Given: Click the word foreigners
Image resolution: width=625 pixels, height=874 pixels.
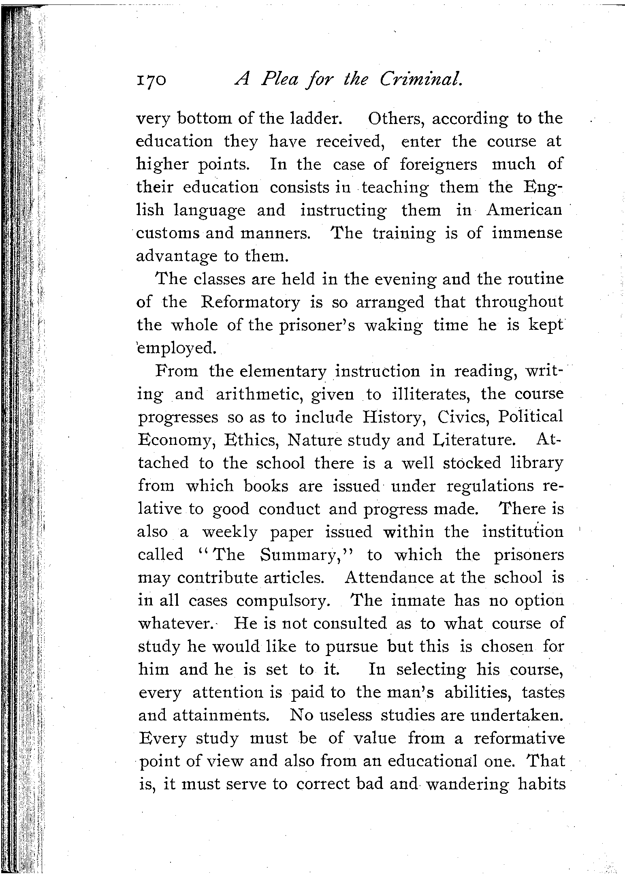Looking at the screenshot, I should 438,165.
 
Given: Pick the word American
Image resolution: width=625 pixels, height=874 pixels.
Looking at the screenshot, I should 524,210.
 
